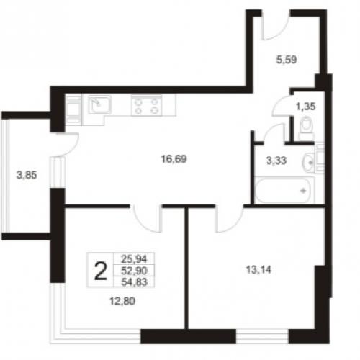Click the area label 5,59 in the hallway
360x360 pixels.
pos(287,60)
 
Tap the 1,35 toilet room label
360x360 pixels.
pos(305,106)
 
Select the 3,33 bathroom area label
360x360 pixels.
pos(276,161)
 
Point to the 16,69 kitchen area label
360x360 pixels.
pos(174,159)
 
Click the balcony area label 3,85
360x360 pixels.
pos(27,175)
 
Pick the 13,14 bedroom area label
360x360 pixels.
pos(258,270)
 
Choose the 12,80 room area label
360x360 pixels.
pos(122,301)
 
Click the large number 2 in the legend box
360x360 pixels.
pos(100,271)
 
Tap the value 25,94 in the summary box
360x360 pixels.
pos(134,259)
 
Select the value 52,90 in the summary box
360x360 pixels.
pos(134,271)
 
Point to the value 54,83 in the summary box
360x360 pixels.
pos(134,282)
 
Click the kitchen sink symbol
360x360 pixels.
pos(99,104)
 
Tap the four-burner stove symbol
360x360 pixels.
pos(147,106)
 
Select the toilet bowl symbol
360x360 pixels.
pos(307,128)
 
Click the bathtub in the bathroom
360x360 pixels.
pos(284,190)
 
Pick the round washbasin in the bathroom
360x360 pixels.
pos(308,163)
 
